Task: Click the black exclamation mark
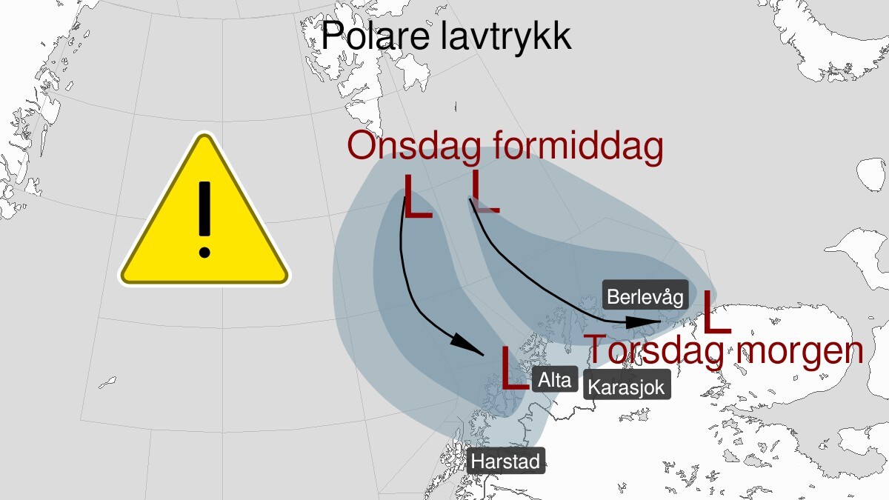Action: tap(204, 219)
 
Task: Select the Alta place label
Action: tap(554, 381)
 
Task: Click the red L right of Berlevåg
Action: tap(715, 312)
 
